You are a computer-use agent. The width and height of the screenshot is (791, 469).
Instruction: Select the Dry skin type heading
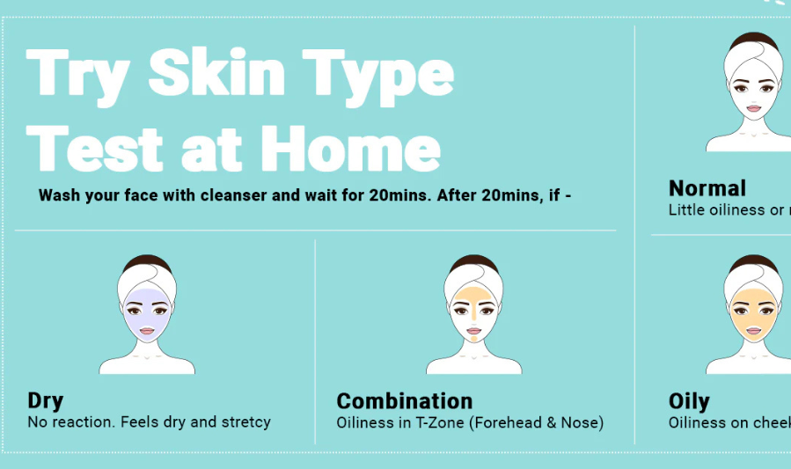[46, 401]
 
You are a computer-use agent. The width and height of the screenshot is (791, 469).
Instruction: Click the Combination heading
[404, 401]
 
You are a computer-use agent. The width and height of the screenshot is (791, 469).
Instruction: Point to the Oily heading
[689, 402]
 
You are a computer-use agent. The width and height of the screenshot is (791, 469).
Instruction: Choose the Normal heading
[707, 188]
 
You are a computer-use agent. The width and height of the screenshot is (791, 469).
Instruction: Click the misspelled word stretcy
[245, 422]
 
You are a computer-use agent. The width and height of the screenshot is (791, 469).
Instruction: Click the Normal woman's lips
[754, 109]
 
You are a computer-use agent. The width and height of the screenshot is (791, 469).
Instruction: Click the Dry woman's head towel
[148, 275]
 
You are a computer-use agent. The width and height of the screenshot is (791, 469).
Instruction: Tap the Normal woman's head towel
[754, 55]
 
